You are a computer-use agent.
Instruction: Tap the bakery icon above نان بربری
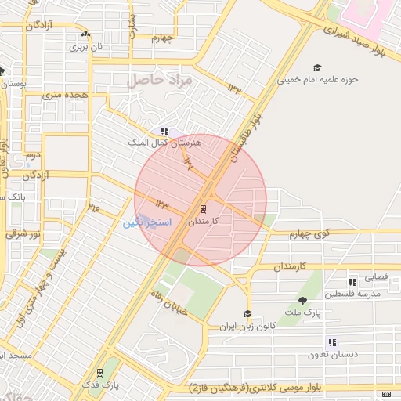(x=85, y=35)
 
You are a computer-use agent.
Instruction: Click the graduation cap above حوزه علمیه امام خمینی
(x=317, y=68)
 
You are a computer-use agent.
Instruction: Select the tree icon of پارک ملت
(x=303, y=301)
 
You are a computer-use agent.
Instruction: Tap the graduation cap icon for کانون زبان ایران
(x=248, y=314)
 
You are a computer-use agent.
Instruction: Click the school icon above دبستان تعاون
(x=333, y=342)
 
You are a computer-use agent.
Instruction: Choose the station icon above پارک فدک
(x=99, y=373)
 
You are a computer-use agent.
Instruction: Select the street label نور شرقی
(x=16, y=233)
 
